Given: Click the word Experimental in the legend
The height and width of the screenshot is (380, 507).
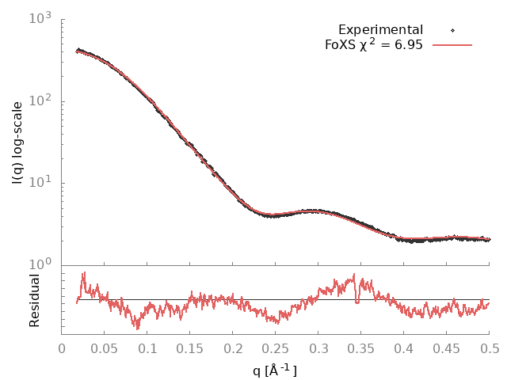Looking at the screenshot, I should (x=380, y=30).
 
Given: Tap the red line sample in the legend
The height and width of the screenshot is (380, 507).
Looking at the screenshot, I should (x=452, y=45).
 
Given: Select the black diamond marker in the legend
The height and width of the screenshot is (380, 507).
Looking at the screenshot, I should (x=452, y=30).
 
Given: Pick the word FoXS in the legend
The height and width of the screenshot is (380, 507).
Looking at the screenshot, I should (x=341, y=45).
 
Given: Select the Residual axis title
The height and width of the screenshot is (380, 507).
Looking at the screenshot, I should (x=34, y=300).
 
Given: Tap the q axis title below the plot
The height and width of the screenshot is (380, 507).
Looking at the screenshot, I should (x=274, y=370).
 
